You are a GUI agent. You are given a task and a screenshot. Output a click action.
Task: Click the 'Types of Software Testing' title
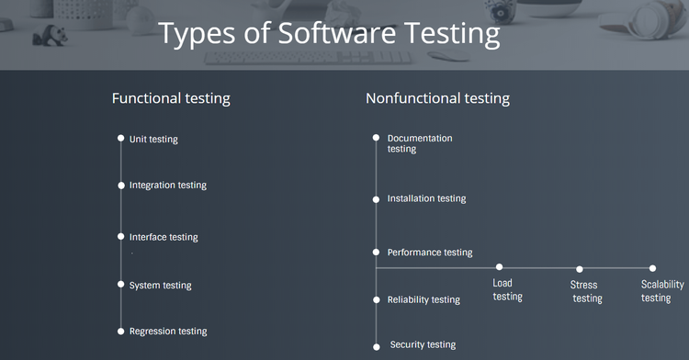(329, 33)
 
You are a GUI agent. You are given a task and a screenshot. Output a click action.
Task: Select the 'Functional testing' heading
(171, 98)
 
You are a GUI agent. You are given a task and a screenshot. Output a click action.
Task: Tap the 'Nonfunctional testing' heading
(437, 98)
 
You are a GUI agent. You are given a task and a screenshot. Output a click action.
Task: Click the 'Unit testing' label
(153, 140)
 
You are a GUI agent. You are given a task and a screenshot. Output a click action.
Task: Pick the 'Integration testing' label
(167, 186)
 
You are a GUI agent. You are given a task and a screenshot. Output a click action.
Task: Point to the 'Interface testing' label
(163, 237)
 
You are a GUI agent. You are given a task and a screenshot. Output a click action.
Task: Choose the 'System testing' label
(160, 286)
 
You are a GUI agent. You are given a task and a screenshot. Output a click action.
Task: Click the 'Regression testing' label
(167, 332)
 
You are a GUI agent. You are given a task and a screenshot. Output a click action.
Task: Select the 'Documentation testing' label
(419, 143)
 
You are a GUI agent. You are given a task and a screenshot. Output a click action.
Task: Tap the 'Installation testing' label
(426, 198)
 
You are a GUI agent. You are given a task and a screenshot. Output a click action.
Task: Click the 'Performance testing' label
(430, 253)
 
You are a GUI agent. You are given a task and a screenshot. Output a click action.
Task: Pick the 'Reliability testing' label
(424, 300)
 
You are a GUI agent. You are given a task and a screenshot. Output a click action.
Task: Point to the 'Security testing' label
(423, 345)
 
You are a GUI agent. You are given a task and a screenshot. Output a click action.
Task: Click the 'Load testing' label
(507, 289)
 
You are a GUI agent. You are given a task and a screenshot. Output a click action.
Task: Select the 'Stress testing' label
(586, 292)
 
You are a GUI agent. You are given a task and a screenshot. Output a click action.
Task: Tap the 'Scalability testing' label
(661, 291)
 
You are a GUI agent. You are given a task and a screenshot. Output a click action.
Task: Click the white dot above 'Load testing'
(499, 267)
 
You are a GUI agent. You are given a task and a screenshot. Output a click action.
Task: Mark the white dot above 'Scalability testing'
(653, 268)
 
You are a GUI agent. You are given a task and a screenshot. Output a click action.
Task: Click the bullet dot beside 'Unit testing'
(120, 139)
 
